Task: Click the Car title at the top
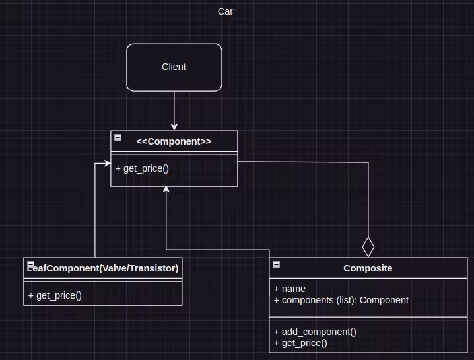coord(225,11)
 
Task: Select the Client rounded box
coord(174,67)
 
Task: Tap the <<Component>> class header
coord(174,141)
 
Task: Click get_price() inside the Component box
coord(142,168)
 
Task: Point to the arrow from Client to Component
coord(174,109)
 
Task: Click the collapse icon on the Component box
coord(118,137)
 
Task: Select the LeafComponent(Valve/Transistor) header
coord(103,268)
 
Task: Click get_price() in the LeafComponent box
coord(55,295)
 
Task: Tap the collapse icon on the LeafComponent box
coord(30,265)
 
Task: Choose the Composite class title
coord(368,268)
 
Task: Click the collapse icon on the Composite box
coord(276,265)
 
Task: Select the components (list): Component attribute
coord(345,300)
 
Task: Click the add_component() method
coord(315,332)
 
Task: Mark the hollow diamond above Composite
coord(368,247)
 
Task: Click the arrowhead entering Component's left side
coord(106,162)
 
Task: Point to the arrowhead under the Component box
coord(166,190)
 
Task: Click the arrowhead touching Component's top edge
coord(174,127)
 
